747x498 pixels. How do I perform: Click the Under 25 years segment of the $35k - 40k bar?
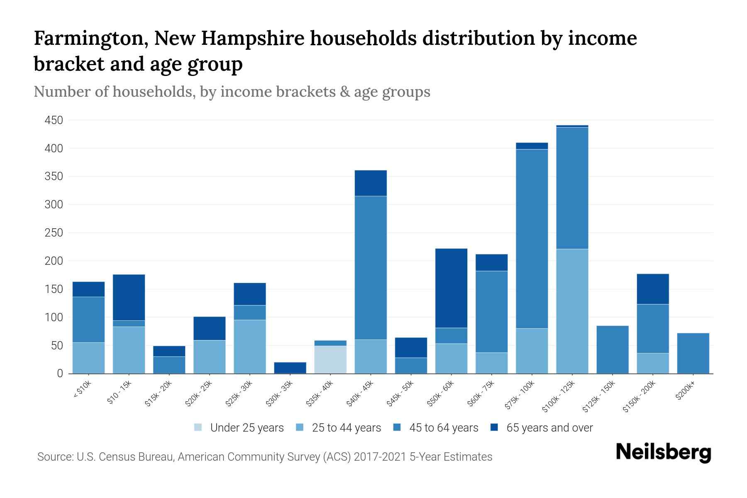point(330,359)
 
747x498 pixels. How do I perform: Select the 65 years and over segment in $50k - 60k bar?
point(451,288)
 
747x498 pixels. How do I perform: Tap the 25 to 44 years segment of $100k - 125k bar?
point(572,311)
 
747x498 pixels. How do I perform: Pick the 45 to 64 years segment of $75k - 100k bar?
point(532,239)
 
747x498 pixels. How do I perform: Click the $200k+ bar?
point(693,353)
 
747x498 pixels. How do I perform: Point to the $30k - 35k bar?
point(290,368)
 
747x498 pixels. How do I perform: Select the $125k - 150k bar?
point(612,349)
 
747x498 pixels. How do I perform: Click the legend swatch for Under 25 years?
point(198,427)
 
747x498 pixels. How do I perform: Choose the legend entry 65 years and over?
point(549,428)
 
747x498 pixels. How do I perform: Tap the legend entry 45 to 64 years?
point(443,428)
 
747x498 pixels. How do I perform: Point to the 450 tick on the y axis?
point(54,120)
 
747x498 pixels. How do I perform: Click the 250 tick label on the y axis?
point(54,233)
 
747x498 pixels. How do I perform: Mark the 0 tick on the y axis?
point(60,373)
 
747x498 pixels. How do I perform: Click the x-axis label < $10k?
point(82,390)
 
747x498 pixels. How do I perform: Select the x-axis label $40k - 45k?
point(360,393)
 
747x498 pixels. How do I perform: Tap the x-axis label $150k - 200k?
point(639,396)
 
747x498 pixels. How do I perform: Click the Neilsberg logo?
point(663,452)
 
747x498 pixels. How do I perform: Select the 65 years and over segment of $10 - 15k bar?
point(129,297)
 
